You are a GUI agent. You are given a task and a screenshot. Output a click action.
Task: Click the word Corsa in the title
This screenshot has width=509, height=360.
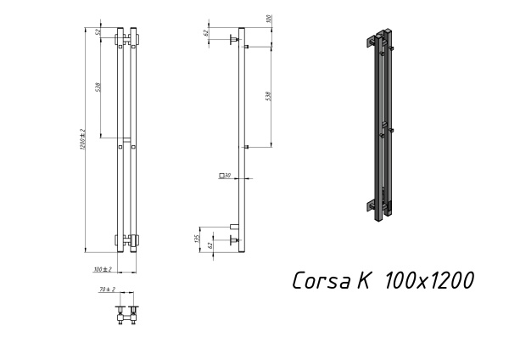322,281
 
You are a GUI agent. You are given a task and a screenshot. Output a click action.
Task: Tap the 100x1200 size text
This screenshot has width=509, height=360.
429,281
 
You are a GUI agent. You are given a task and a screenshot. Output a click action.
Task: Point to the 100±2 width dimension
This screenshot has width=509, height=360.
103,269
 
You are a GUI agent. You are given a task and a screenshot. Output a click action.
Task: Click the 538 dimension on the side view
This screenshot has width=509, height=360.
269,96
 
